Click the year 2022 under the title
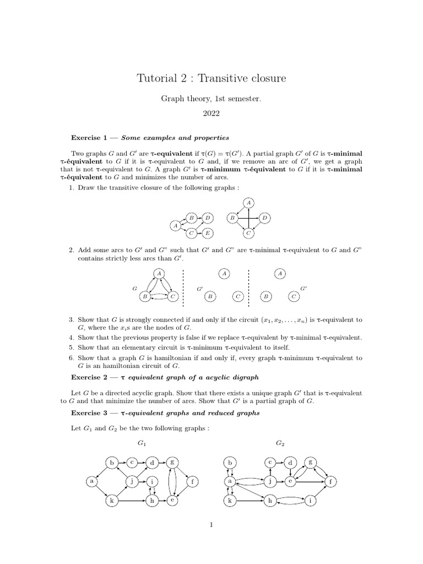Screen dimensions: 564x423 point(211,115)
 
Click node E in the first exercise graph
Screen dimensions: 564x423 point(207,234)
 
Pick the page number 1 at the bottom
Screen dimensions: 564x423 point(211,525)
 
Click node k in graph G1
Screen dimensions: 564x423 point(111,501)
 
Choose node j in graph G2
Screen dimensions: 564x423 point(270,481)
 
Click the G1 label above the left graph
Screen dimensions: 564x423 point(142,443)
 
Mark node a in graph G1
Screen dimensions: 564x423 point(91,481)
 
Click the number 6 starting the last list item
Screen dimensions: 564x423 point(71,358)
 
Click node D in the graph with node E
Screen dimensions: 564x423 point(207,218)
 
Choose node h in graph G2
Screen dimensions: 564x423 point(270,501)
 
